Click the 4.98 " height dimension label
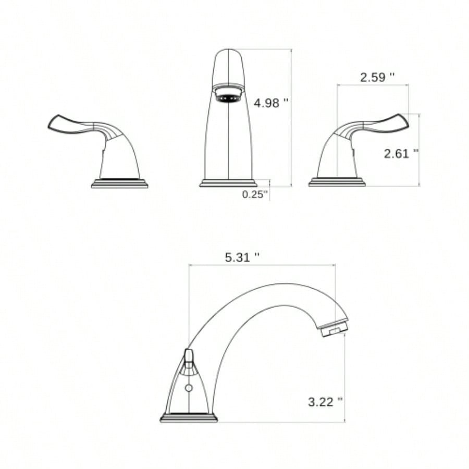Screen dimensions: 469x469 (271, 103)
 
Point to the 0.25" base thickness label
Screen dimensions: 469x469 (255, 194)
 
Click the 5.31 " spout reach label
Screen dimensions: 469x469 (242, 257)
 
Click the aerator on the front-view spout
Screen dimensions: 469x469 (229, 96)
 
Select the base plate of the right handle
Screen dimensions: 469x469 (337, 182)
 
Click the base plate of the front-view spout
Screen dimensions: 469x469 (228, 182)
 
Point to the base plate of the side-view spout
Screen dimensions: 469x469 (188, 417)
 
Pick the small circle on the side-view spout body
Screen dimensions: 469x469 (189, 388)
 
